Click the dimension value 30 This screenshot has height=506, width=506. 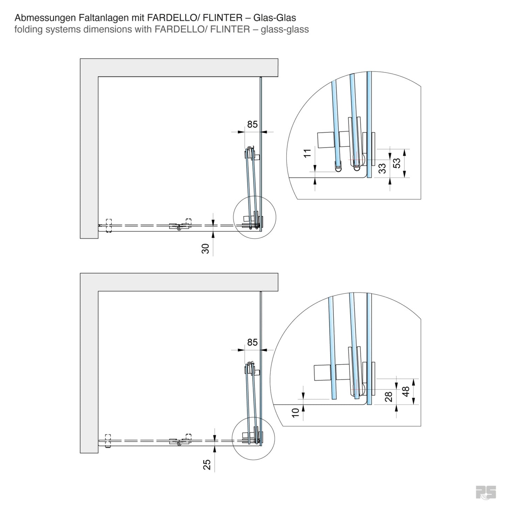[x=206, y=248]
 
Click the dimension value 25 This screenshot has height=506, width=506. [x=207, y=464]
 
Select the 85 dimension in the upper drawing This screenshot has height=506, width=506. [x=252, y=124]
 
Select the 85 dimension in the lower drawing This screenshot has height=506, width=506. [x=252, y=342]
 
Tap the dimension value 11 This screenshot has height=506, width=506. [x=307, y=153]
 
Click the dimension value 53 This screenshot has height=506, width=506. [x=396, y=163]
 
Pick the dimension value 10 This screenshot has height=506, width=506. [x=296, y=412]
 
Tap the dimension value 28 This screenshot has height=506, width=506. [x=388, y=397]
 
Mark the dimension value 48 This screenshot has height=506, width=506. [x=406, y=391]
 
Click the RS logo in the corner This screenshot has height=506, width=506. [x=486, y=491]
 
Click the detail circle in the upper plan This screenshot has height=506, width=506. [x=255, y=217]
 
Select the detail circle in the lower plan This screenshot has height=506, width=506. [x=254, y=439]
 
